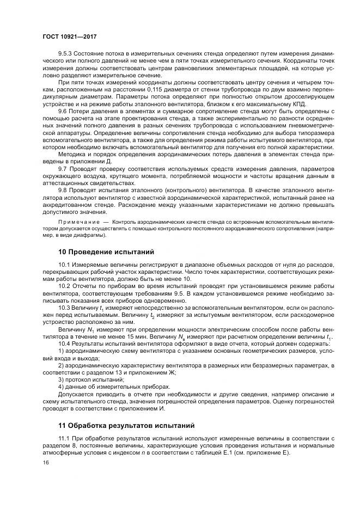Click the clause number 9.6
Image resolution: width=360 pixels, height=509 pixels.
click(63, 111)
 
